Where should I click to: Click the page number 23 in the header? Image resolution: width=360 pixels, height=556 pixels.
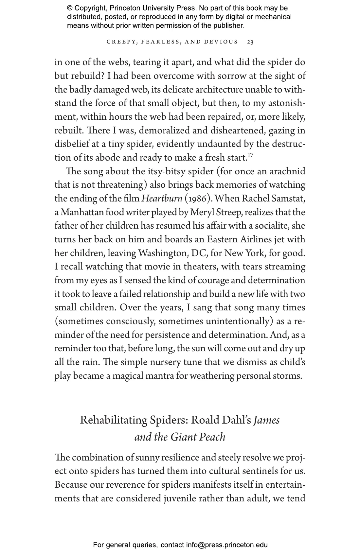tap(250, 42)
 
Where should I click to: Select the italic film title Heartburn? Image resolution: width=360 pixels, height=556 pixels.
tap(162, 199)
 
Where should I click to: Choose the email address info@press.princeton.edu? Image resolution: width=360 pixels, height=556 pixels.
tap(227, 545)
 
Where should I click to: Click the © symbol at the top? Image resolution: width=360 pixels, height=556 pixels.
tap(70, 8)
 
